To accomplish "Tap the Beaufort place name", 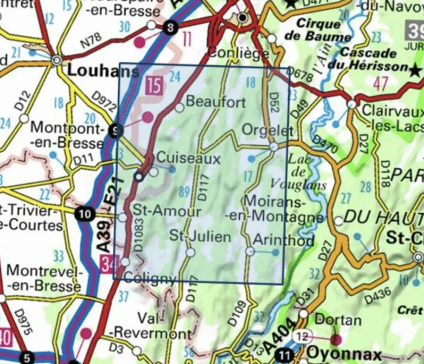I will pos(216,102).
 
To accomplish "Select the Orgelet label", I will pos(267,130).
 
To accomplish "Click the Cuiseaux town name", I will pos(189,158).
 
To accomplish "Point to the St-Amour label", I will pos(167,210).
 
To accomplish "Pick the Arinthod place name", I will pos(283,240).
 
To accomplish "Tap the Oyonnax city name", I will pos(344,353).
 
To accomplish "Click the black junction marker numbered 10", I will pos(85,214).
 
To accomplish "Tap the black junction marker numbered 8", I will pos(170,28).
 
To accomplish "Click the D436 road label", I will pos(377,294).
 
